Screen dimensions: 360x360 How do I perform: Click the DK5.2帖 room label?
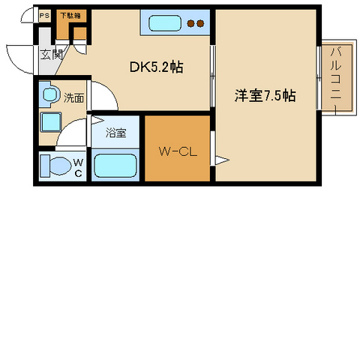(x=157, y=67)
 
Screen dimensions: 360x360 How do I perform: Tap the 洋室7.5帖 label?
(x=265, y=95)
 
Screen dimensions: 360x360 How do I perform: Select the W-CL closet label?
(x=178, y=151)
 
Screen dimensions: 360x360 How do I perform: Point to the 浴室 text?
(x=115, y=132)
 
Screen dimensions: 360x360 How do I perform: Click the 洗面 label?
(x=73, y=97)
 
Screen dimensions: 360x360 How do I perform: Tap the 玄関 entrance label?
(x=52, y=55)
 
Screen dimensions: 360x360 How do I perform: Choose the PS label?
(x=45, y=16)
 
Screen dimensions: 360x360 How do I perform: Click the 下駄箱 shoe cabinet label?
(x=71, y=16)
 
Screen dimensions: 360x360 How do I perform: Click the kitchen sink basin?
(x=165, y=23)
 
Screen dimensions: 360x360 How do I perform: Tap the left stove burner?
(x=191, y=23)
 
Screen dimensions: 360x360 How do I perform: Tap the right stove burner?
(x=200, y=23)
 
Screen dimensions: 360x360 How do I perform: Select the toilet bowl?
(x=61, y=166)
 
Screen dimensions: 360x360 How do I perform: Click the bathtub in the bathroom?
(x=115, y=165)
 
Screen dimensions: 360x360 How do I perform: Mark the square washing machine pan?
(x=51, y=122)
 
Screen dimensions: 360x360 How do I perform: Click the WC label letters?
(x=78, y=168)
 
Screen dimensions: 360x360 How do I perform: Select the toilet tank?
(x=45, y=166)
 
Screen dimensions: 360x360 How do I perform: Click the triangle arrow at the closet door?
(x=222, y=160)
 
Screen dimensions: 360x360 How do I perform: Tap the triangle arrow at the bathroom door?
(x=97, y=120)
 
